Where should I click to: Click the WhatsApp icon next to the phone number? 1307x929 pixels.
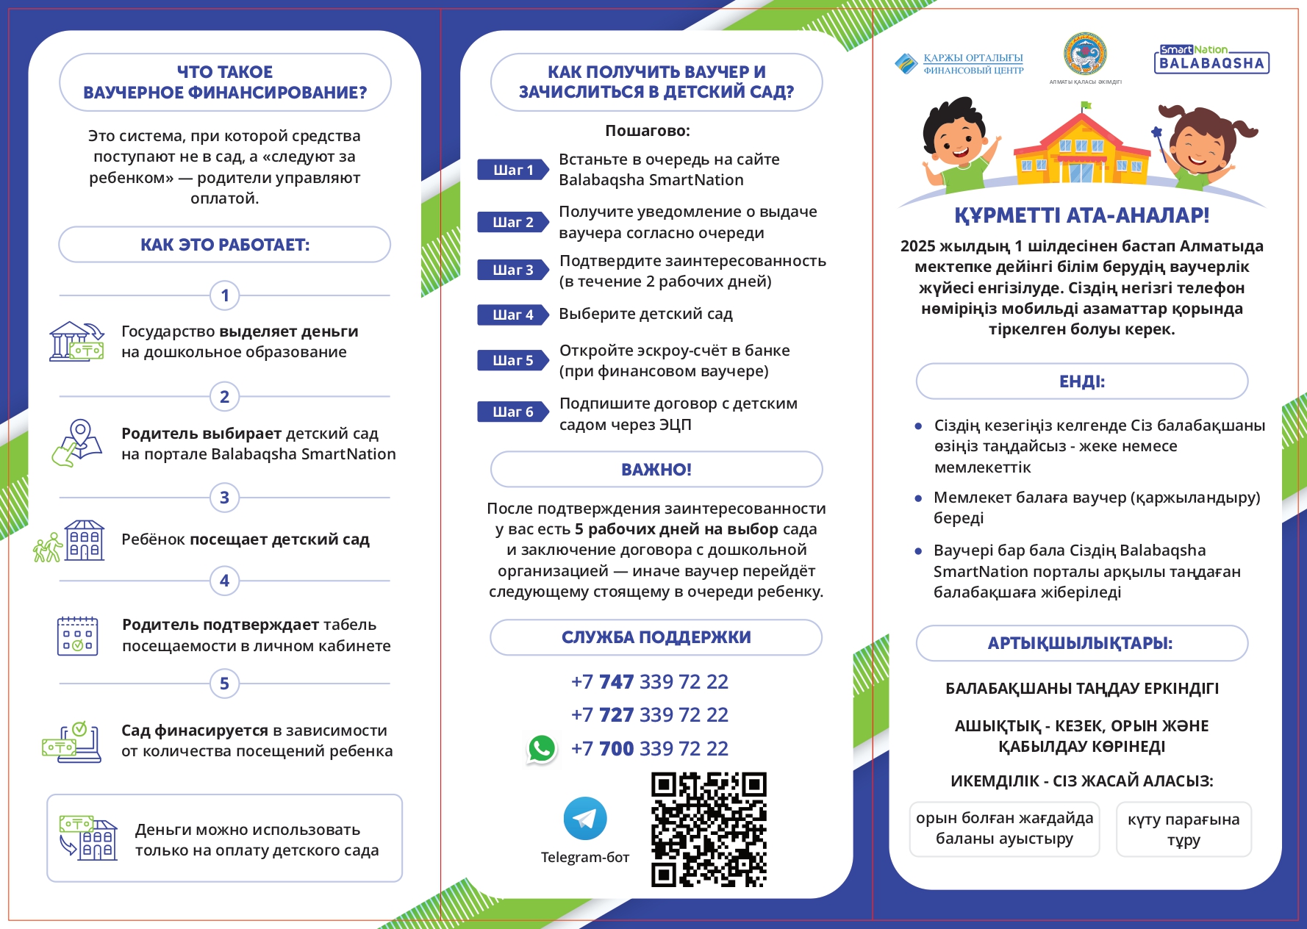point(542,748)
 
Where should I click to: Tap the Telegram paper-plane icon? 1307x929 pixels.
point(585,818)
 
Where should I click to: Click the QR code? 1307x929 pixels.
point(709,829)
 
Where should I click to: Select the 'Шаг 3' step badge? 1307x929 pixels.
point(513,270)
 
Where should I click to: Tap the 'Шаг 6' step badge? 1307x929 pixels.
point(513,412)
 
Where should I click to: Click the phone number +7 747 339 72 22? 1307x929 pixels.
point(650,681)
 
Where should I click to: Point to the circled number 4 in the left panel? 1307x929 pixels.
point(225,581)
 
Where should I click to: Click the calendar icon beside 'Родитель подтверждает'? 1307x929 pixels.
point(77,636)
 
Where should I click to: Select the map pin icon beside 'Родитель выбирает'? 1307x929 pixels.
point(76,442)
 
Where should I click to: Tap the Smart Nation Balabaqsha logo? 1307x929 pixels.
point(1211,59)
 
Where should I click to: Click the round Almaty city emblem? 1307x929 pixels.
point(1085,54)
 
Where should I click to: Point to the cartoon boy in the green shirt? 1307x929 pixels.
point(958,143)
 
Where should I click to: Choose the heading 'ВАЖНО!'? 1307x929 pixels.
point(656,470)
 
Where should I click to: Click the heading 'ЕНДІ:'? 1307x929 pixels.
point(1081,381)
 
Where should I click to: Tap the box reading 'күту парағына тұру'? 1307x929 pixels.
point(1183,830)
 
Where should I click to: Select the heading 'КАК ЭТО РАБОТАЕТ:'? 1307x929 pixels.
point(225,245)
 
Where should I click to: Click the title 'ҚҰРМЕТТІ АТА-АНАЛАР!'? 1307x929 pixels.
point(1081,215)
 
